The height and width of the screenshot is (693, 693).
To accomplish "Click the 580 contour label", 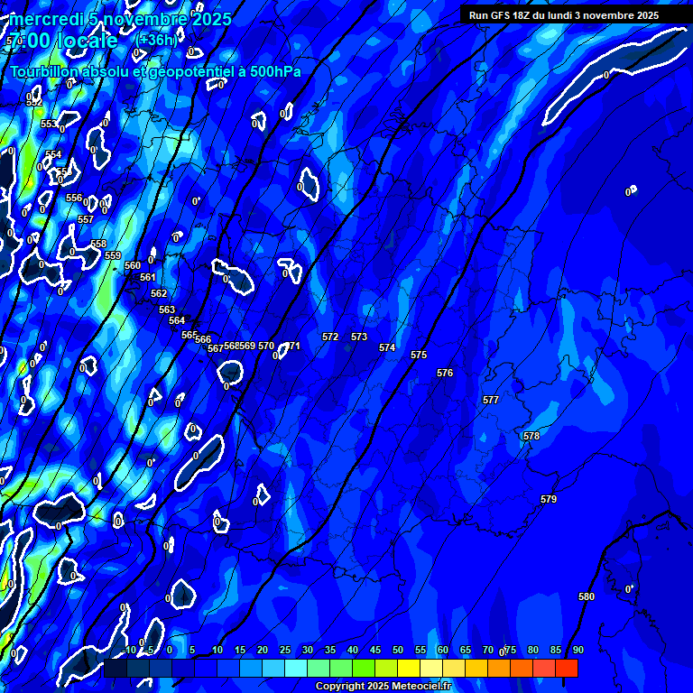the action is click(587, 596).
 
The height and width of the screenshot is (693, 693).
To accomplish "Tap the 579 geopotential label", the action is click(549, 499).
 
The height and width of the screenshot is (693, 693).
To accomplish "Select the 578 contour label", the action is click(531, 436).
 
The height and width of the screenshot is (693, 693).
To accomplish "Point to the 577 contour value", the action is click(491, 399).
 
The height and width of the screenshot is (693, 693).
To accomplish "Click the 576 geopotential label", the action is click(445, 373).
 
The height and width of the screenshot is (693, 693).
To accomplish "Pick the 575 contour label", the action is click(419, 355).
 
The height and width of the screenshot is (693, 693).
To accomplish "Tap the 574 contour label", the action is click(387, 347).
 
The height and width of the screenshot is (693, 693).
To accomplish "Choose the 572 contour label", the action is click(330, 337).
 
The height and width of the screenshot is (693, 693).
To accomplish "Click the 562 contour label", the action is click(159, 293).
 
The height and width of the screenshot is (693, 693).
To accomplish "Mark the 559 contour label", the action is click(113, 255).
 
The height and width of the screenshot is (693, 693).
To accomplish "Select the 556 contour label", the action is click(74, 198).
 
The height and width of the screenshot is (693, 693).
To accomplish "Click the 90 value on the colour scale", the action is click(577, 650).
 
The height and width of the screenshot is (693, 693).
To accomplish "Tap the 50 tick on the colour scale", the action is click(398, 650).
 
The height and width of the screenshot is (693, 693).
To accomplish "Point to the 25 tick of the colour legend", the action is click(285, 650).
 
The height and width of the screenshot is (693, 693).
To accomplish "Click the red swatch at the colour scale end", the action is click(567, 668).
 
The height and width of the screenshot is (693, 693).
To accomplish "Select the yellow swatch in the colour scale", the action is click(409, 668).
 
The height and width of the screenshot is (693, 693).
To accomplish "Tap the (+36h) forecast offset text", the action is click(155, 40).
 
